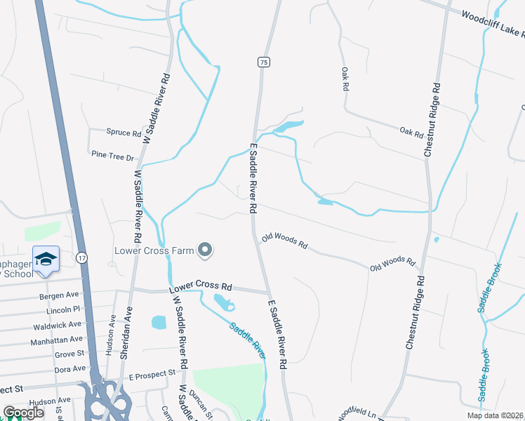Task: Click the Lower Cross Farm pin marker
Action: pos(205,249)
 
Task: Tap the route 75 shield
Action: pos(262,62)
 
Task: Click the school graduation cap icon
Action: pos(46,259)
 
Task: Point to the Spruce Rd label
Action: pos(124,132)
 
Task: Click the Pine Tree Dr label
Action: pos(112,155)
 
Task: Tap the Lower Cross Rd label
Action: pos(200,288)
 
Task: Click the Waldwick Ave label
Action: pos(57,326)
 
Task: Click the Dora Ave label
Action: pos(69,368)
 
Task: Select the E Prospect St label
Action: pos(151,375)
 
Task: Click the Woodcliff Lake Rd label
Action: pos(491,25)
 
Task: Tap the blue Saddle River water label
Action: pos(248,340)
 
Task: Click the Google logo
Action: pos(23,413)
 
